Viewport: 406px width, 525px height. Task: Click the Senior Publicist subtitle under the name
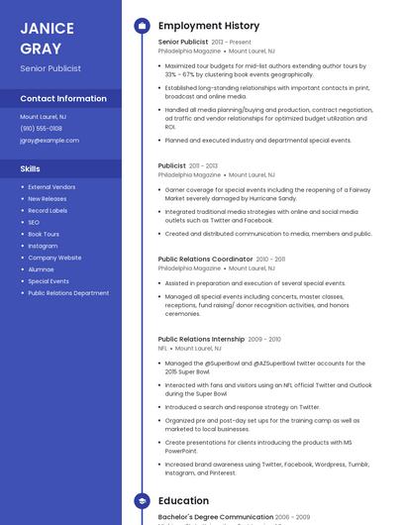coord(51,68)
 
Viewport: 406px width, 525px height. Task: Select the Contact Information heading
coord(63,99)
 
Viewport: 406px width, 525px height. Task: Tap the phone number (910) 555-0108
coord(41,128)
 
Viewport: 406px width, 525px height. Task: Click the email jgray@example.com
coord(50,140)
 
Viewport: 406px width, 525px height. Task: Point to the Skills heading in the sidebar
coord(31,169)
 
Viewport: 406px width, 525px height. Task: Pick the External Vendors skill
coord(51,186)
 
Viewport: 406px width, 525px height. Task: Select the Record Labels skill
coord(48,210)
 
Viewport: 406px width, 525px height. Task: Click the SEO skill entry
coord(34,222)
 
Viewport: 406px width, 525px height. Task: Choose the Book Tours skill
coord(44,234)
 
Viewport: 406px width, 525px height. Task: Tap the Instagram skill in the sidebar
coord(43,246)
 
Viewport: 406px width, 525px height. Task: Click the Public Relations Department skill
coord(68,293)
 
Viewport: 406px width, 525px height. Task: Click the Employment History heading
coord(209,26)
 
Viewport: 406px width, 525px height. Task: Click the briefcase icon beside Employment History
coord(142,26)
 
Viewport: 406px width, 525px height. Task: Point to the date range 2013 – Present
coord(232,43)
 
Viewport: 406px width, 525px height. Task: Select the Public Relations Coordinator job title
coord(205,259)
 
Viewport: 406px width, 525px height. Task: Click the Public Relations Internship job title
coord(201,339)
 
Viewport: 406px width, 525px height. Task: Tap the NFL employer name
coord(163,349)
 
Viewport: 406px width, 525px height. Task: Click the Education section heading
coord(183,501)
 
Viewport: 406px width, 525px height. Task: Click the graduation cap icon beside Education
coord(142,501)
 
